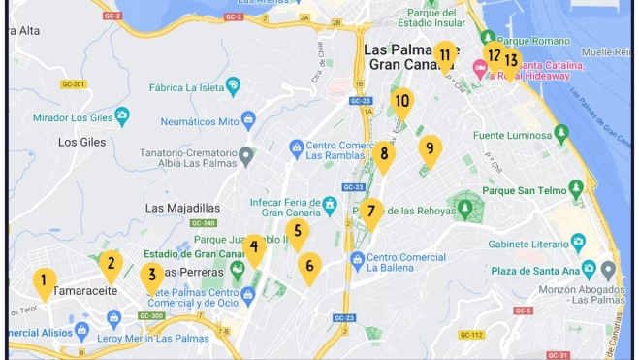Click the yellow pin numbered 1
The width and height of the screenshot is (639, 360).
(x=44, y=282)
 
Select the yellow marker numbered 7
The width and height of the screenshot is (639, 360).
(x=150, y=277)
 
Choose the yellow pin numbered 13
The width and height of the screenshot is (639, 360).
(x=511, y=60)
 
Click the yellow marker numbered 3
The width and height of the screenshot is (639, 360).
(x=150, y=277)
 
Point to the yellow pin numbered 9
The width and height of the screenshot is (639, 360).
(x=430, y=148)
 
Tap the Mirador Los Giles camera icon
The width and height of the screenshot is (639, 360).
(x=122, y=116)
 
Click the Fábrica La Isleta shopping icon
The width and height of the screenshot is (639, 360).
(x=234, y=85)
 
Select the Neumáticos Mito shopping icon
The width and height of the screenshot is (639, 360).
(x=248, y=120)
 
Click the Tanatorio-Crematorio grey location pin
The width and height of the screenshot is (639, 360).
(x=246, y=153)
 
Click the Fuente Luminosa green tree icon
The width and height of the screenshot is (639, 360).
(x=560, y=132)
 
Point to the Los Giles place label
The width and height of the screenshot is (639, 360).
(x=81, y=142)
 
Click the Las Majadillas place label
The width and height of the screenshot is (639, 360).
(x=182, y=208)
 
